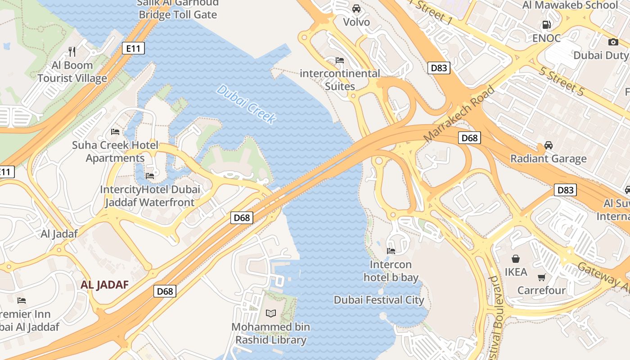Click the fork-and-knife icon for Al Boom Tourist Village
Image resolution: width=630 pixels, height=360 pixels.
pos(72,51)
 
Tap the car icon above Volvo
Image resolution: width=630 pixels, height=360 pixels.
pos(356,9)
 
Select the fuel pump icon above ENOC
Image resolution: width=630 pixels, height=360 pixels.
pos(546,25)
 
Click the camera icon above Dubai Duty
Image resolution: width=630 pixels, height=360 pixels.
pos(613,42)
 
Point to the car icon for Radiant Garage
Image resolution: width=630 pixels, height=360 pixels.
pos(548,145)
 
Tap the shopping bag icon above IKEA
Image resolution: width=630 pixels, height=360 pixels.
pos(516,259)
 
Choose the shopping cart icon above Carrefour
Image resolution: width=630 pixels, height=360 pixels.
pos(541,277)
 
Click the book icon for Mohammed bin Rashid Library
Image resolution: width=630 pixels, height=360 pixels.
pos(271,314)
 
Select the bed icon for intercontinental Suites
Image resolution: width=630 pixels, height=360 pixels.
pos(340,60)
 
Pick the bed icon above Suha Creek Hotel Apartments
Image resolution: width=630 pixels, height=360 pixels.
pos(115,132)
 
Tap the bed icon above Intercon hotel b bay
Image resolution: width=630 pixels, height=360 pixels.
pos(391,251)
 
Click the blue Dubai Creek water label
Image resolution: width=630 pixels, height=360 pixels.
pos(246,103)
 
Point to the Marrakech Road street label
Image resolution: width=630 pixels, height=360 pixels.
pos(459,113)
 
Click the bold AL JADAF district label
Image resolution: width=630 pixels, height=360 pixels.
pos(104,284)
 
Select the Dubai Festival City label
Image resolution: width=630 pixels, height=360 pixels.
pos(379,300)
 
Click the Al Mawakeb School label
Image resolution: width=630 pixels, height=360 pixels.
pos(570,5)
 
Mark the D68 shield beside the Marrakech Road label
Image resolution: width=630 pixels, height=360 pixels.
pos(469,138)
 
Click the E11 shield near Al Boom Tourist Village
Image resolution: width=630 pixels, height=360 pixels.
pos(133,48)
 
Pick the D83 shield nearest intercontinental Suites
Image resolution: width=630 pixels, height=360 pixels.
pos(439,68)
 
